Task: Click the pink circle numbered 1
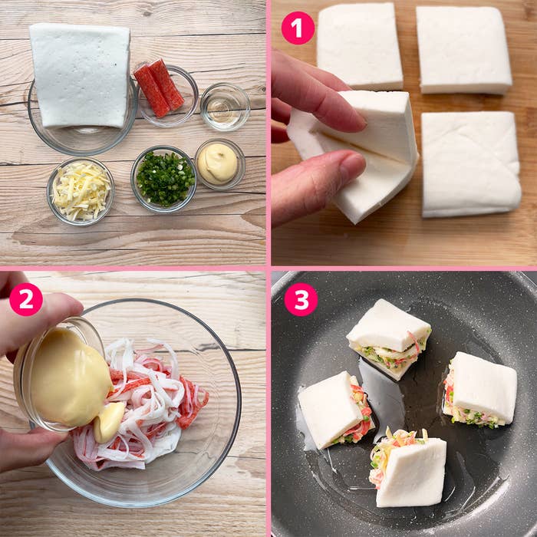pyautogui.click(x=298, y=28)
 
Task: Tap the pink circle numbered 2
pyautogui.click(x=26, y=299)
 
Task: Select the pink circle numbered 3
pyautogui.click(x=301, y=299)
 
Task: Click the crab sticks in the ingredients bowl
pyautogui.click(x=160, y=88)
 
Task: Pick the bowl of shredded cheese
pyautogui.click(x=81, y=192)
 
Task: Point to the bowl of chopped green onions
pyautogui.click(x=164, y=179)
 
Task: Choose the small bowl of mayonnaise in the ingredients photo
pyautogui.click(x=220, y=164)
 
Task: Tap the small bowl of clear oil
pyautogui.click(x=226, y=107)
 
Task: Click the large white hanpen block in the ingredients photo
pyautogui.click(x=80, y=75)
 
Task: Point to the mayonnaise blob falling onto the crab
pyautogui.click(x=109, y=422)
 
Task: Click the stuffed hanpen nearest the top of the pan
pyautogui.click(x=389, y=338)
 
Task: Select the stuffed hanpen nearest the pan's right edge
pyautogui.click(x=479, y=390)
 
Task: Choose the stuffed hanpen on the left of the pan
pyautogui.click(x=336, y=410)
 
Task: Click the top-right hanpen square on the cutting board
pyautogui.click(x=463, y=50)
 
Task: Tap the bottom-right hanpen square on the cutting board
pyautogui.click(x=471, y=164)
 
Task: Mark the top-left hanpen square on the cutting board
pyautogui.click(x=360, y=46)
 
